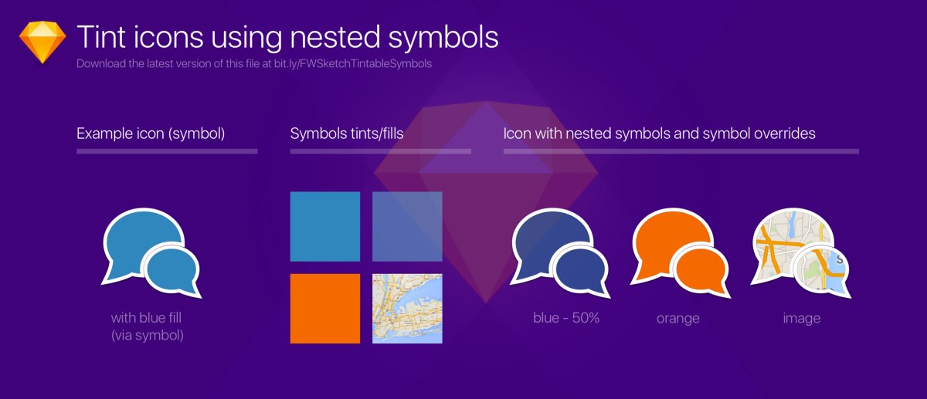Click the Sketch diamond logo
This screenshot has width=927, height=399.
pyautogui.click(x=42, y=42)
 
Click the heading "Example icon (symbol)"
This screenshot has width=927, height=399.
pyautogui.click(x=151, y=134)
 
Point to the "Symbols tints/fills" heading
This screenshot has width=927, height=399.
pyautogui.click(x=347, y=134)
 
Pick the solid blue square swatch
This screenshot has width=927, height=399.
pyautogui.click(x=324, y=226)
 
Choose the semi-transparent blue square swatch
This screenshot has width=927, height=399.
pyautogui.click(x=407, y=226)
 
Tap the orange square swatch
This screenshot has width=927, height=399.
pyautogui.click(x=324, y=308)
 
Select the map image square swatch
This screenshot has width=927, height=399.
pyautogui.click(x=407, y=308)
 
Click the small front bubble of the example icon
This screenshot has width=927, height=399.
pyautogui.click(x=172, y=267)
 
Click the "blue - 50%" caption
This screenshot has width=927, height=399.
pyautogui.click(x=566, y=318)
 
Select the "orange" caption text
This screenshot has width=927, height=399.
pyautogui.click(x=677, y=318)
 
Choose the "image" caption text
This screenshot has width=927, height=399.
pyautogui.click(x=801, y=318)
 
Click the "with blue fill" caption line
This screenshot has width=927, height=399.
pyautogui.click(x=151, y=317)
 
